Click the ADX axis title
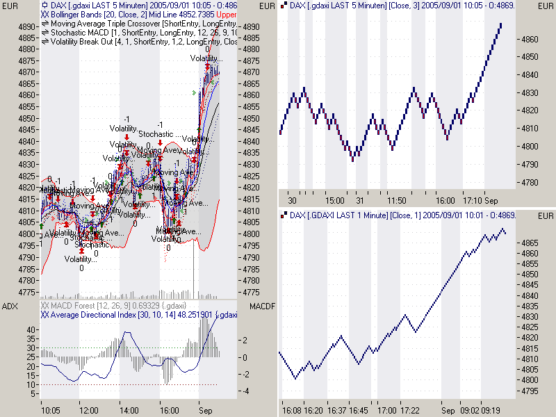[9, 306]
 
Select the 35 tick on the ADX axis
[31, 338]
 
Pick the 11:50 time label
[397, 200]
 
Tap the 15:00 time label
[336, 200]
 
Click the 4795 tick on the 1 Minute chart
[530, 391]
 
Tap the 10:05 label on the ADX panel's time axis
[51, 411]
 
